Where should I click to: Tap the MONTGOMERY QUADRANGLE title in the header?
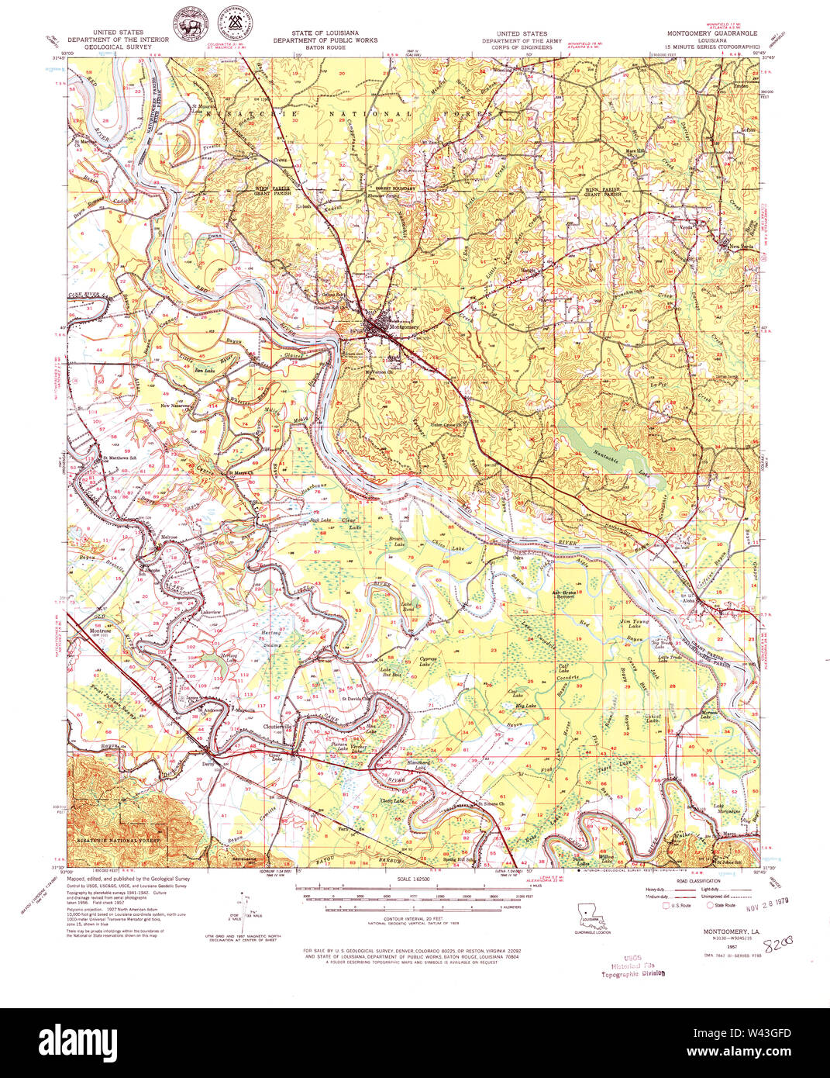coord(712,34)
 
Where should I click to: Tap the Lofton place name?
coord(747,130)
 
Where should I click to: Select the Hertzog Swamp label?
coord(272,638)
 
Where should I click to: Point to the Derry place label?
coord(207,764)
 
